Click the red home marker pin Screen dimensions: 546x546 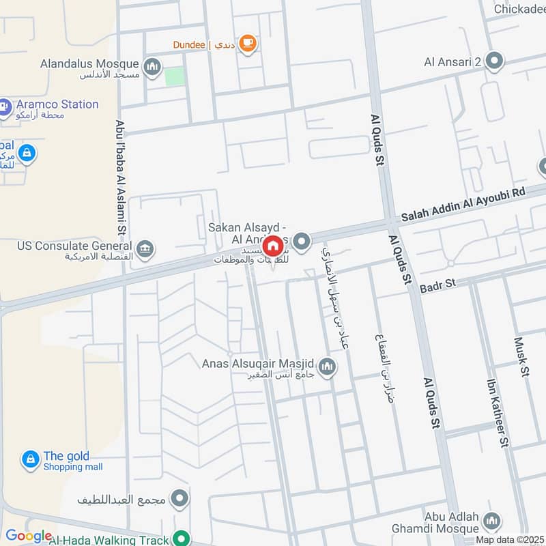tap(273, 245)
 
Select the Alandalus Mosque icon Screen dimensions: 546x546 tap(152, 66)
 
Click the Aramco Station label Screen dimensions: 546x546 tap(58, 104)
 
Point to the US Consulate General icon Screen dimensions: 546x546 tap(145, 247)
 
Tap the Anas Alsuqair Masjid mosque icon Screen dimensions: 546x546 tap(328, 367)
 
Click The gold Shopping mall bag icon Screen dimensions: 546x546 tap(30, 460)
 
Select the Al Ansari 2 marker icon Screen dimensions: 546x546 tap(495, 62)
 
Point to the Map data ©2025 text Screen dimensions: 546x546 tap(509, 540)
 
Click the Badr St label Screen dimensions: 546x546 tap(437, 283)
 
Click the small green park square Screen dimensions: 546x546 tap(175, 76)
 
